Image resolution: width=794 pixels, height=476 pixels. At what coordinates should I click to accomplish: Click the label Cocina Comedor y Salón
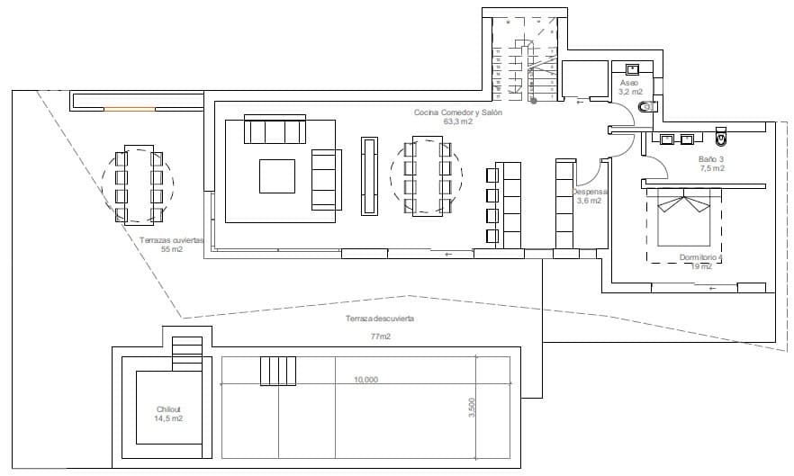(457, 112)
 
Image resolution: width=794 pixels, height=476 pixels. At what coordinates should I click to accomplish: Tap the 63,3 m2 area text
(457, 121)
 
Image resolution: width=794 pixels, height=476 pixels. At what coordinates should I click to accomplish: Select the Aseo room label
(628, 83)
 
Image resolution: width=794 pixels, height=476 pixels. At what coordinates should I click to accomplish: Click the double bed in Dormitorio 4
(686, 220)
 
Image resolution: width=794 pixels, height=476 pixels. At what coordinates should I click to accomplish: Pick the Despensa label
(591, 192)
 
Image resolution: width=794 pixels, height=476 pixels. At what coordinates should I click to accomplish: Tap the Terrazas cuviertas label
(172, 240)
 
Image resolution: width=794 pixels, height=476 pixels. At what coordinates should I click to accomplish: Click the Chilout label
(167, 409)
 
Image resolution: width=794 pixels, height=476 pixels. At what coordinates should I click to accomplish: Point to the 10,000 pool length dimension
(365, 380)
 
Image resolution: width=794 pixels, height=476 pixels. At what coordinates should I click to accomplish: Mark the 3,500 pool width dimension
(472, 408)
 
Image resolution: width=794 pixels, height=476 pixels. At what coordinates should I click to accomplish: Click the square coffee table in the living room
(277, 175)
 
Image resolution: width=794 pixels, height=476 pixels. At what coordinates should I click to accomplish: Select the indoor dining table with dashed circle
(426, 175)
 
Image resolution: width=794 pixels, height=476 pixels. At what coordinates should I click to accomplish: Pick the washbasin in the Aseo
(632, 67)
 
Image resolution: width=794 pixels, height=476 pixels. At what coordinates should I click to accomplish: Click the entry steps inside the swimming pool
(278, 370)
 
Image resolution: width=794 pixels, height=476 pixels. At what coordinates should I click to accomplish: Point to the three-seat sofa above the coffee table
(276, 131)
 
